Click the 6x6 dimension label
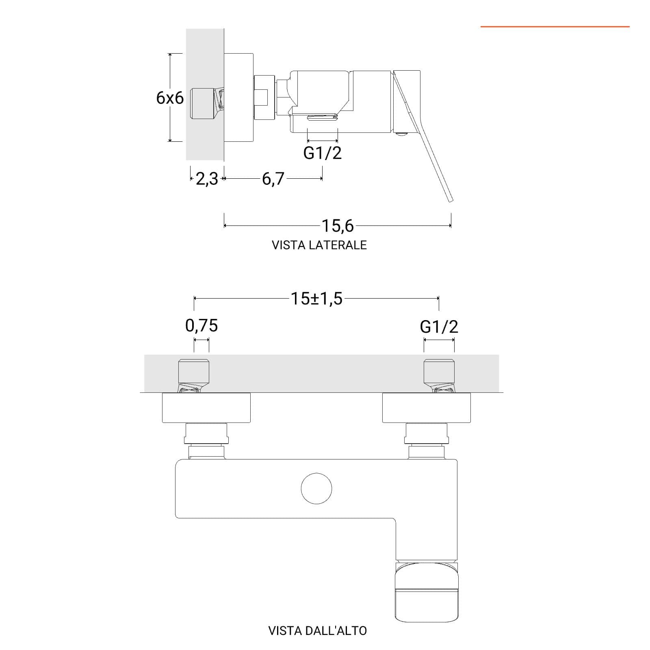[170, 98]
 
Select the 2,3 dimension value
[207, 179]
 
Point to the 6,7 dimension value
[273, 179]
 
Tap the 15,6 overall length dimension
[338, 226]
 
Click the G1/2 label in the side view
[323, 153]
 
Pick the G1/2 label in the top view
[439, 327]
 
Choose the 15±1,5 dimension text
[316, 299]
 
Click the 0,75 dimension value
[201, 325]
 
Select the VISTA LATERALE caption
[319, 245]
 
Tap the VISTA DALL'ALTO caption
[318, 630]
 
